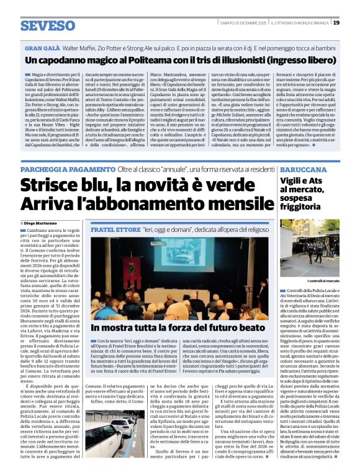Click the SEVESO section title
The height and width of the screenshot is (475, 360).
(48, 25)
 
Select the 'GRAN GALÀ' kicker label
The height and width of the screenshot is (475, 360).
(42, 47)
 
